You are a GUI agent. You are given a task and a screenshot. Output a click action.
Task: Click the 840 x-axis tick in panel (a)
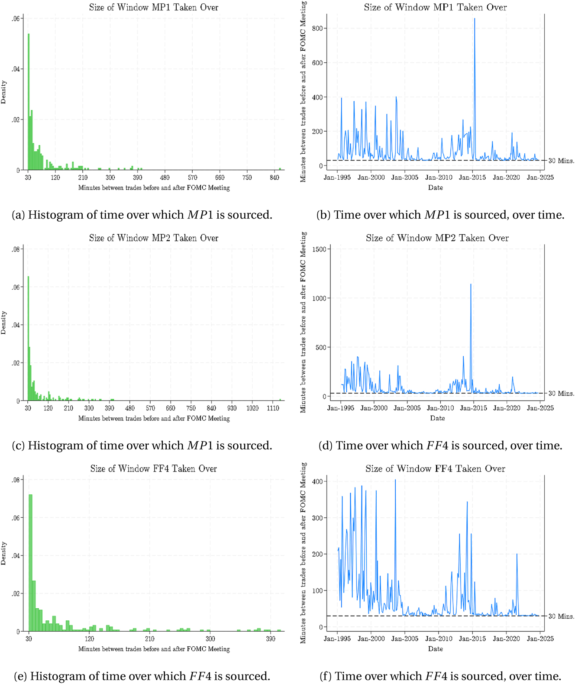pyautogui.click(x=275, y=177)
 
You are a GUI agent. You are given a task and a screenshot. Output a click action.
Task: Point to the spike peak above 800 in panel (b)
pyautogui.click(x=475, y=19)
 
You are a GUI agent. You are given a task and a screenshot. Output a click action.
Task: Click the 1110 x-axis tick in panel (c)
pyautogui.click(x=273, y=408)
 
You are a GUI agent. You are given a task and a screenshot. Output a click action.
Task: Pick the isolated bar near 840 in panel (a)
pyautogui.click(x=280, y=169)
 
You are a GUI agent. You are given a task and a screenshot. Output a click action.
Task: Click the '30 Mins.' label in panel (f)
pyautogui.click(x=561, y=616)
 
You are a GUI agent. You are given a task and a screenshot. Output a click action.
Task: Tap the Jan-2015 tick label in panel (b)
pyautogui.click(x=472, y=177)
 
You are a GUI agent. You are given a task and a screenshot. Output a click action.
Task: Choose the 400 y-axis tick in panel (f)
pyautogui.click(x=321, y=481)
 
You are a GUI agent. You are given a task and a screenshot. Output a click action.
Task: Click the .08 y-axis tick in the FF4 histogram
pyautogui.click(x=16, y=480)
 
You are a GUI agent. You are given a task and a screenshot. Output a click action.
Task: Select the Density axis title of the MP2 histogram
pyautogui.click(x=4, y=323)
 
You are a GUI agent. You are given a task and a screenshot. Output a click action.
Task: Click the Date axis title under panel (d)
pyautogui.click(x=437, y=418)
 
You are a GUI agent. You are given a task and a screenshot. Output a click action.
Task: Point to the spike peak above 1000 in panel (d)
pyautogui.click(x=471, y=284)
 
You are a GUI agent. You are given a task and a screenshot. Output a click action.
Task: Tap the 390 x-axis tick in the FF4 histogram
pyautogui.click(x=271, y=639)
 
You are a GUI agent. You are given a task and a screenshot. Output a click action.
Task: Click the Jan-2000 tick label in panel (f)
pyautogui.click(x=371, y=639)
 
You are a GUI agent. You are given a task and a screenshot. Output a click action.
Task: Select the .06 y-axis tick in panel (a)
pyautogui.click(x=16, y=19)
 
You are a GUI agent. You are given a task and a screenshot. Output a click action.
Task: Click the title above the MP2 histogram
pyautogui.click(x=154, y=238)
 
